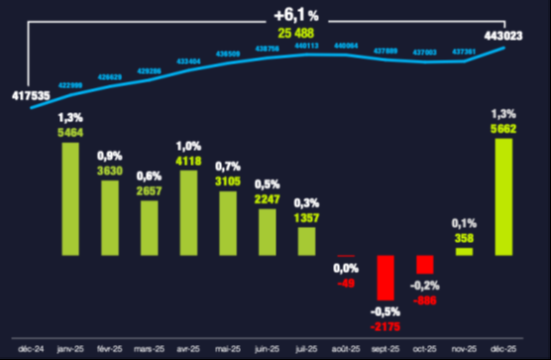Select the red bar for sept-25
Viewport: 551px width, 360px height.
pos(386,279)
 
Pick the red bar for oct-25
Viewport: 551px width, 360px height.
pos(425,265)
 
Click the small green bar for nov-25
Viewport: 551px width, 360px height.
pos(464,251)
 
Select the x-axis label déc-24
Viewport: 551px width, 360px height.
pos(32,349)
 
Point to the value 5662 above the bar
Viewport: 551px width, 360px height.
pos(503,126)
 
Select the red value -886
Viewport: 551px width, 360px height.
pos(425,299)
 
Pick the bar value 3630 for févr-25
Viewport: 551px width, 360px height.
pos(110,170)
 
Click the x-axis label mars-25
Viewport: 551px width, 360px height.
pos(150,349)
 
